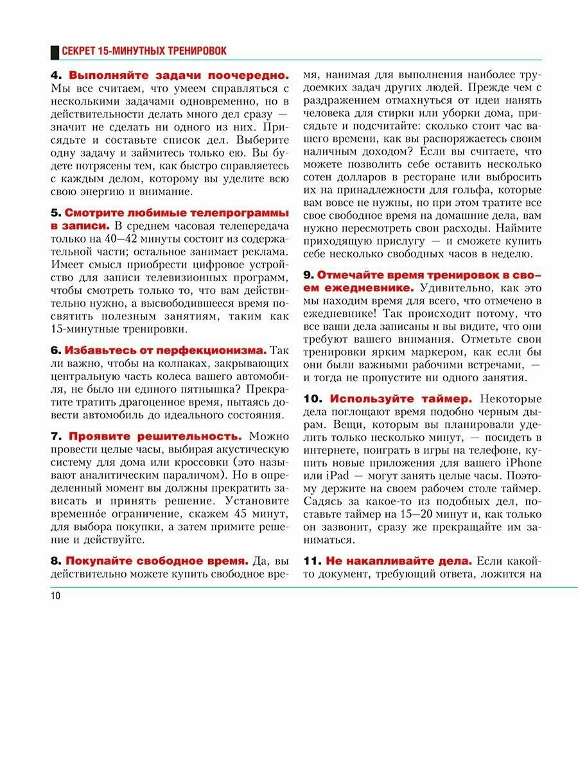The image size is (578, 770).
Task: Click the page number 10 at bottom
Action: coord(55,596)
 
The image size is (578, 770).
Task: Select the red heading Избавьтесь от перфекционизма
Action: coord(165,350)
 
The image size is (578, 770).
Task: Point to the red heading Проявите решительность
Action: coord(155,436)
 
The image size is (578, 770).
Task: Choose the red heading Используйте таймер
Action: coord(401,398)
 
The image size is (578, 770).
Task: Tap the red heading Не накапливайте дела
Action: coord(398,561)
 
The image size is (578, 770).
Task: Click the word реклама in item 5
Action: coord(266,253)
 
